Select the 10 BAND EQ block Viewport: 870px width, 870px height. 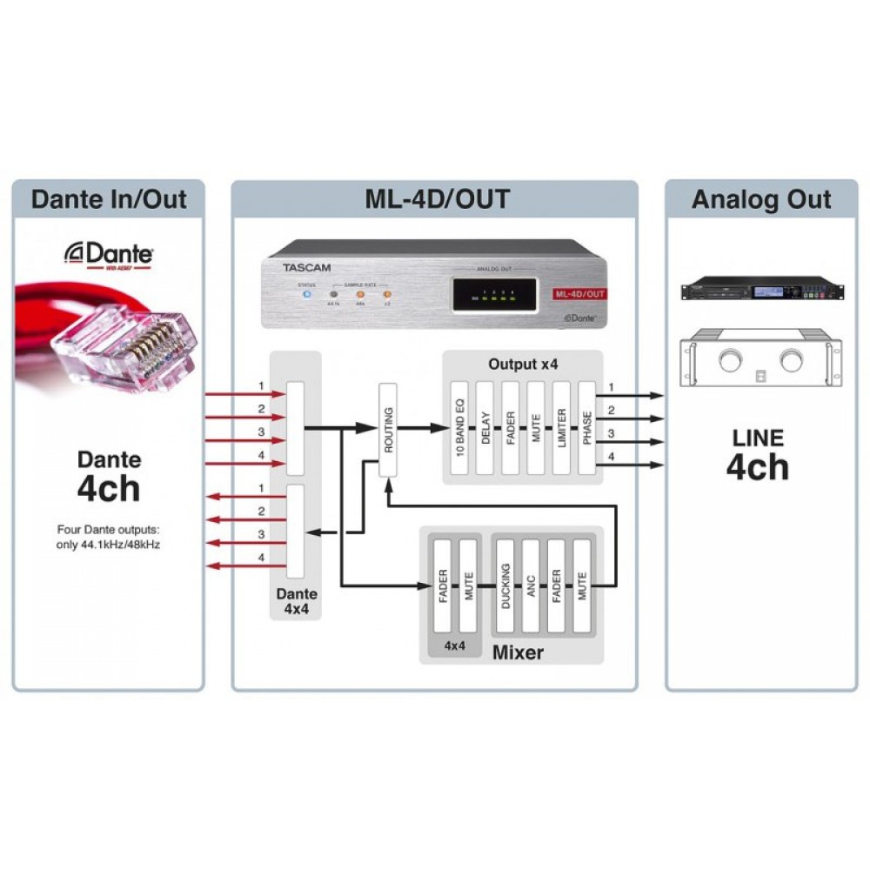tap(459, 428)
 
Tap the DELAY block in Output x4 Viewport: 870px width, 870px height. tap(485, 428)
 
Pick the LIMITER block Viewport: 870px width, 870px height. tap(561, 428)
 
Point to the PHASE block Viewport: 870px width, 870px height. tap(586, 428)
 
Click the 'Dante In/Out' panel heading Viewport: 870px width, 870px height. tap(109, 199)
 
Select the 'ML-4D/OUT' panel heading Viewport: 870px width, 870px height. tap(435, 199)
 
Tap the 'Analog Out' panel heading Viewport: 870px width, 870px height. tap(761, 199)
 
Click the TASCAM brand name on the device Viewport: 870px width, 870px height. tap(306, 268)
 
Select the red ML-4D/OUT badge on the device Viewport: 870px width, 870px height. tap(579, 294)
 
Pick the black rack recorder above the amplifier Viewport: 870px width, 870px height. tap(761, 288)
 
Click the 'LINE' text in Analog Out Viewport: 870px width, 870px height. tap(757, 438)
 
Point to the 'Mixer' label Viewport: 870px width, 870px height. tap(518, 652)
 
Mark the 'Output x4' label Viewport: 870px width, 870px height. tap(523, 365)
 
